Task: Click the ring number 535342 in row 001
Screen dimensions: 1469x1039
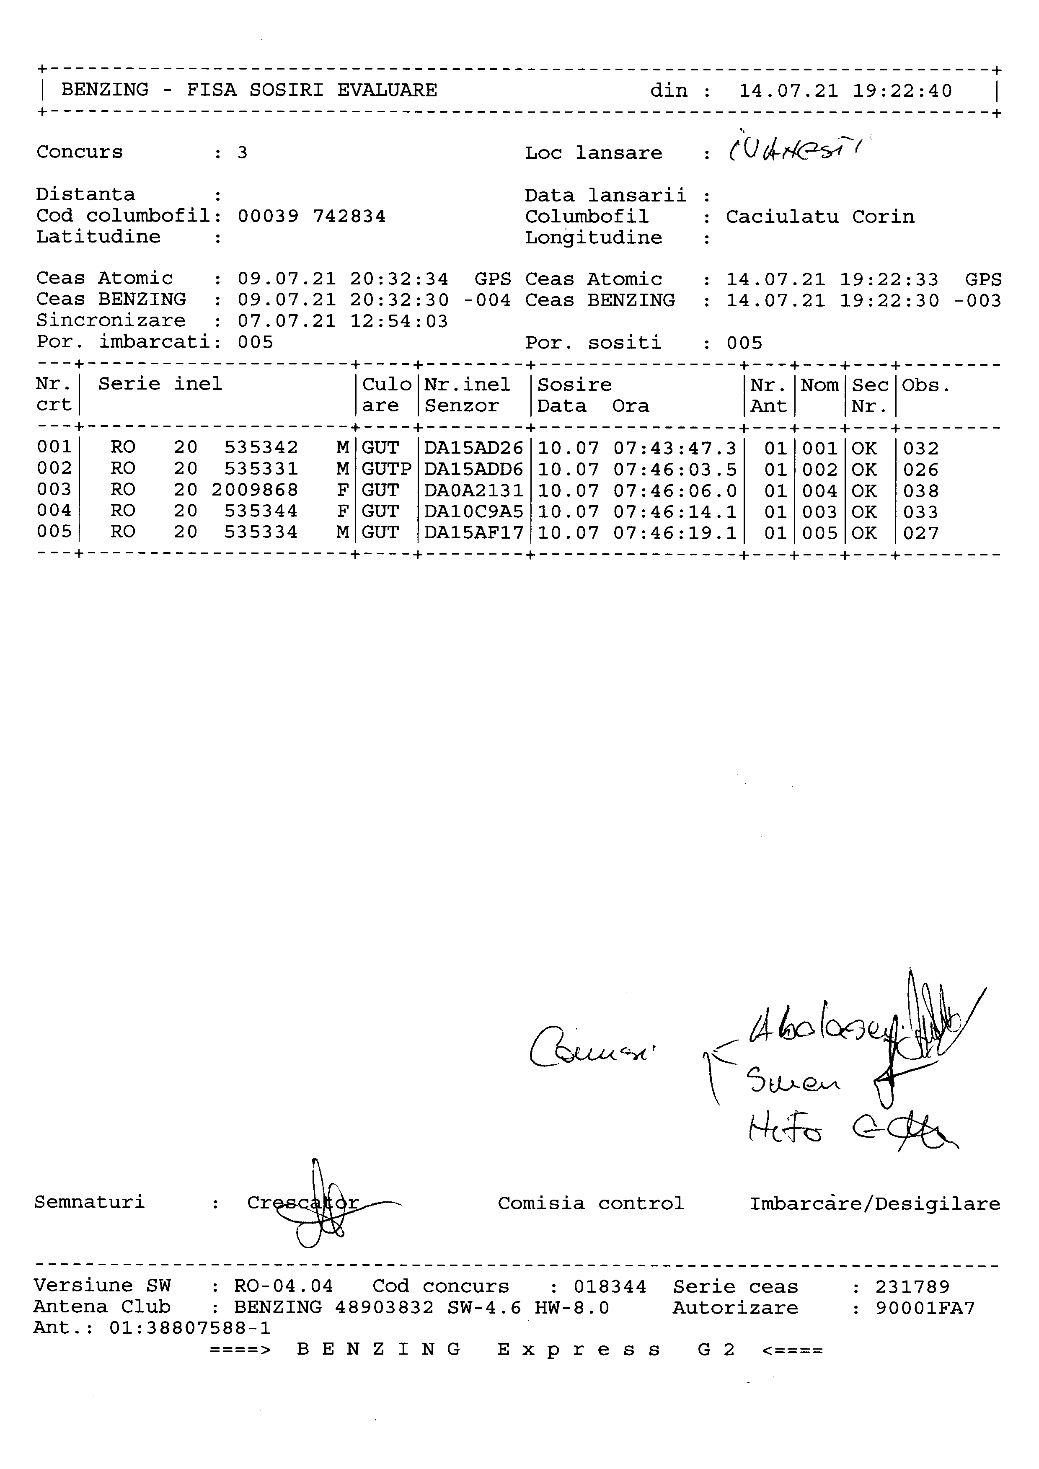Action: click(x=261, y=447)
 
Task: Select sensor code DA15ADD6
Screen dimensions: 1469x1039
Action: click(x=473, y=469)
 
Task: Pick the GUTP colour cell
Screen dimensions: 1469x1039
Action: click(x=386, y=469)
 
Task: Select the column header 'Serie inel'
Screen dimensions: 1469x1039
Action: click(x=160, y=384)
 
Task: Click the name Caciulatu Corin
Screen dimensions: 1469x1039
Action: click(x=819, y=217)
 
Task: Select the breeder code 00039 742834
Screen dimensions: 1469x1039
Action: click(x=312, y=216)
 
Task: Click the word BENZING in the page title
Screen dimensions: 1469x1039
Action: click(x=105, y=90)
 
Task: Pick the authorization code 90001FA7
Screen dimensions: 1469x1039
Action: click(x=925, y=1308)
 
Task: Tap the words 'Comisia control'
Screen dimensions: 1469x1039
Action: click(x=591, y=1203)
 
